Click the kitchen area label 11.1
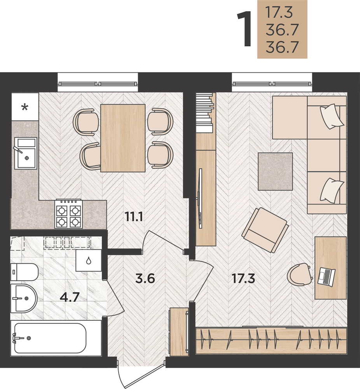(x=134, y=217)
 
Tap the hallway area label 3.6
(x=145, y=279)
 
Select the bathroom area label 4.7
(x=70, y=297)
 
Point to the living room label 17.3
(x=243, y=279)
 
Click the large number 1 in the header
(x=245, y=29)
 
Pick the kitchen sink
(x=26, y=153)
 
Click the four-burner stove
(x=68, y=214)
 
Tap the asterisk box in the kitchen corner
(x=25, y=107)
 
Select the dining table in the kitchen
(x=123, y=138)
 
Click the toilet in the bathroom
(x=24, y=272)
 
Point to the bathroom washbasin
(x=24, y=298)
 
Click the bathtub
(x=50, y=338)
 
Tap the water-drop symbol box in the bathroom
(x=89, y=260)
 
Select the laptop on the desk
(x=326, y=277)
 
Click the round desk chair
(x=299, y=275)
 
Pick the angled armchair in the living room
(x=265, y=230)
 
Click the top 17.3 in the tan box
(x=279, y=12)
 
